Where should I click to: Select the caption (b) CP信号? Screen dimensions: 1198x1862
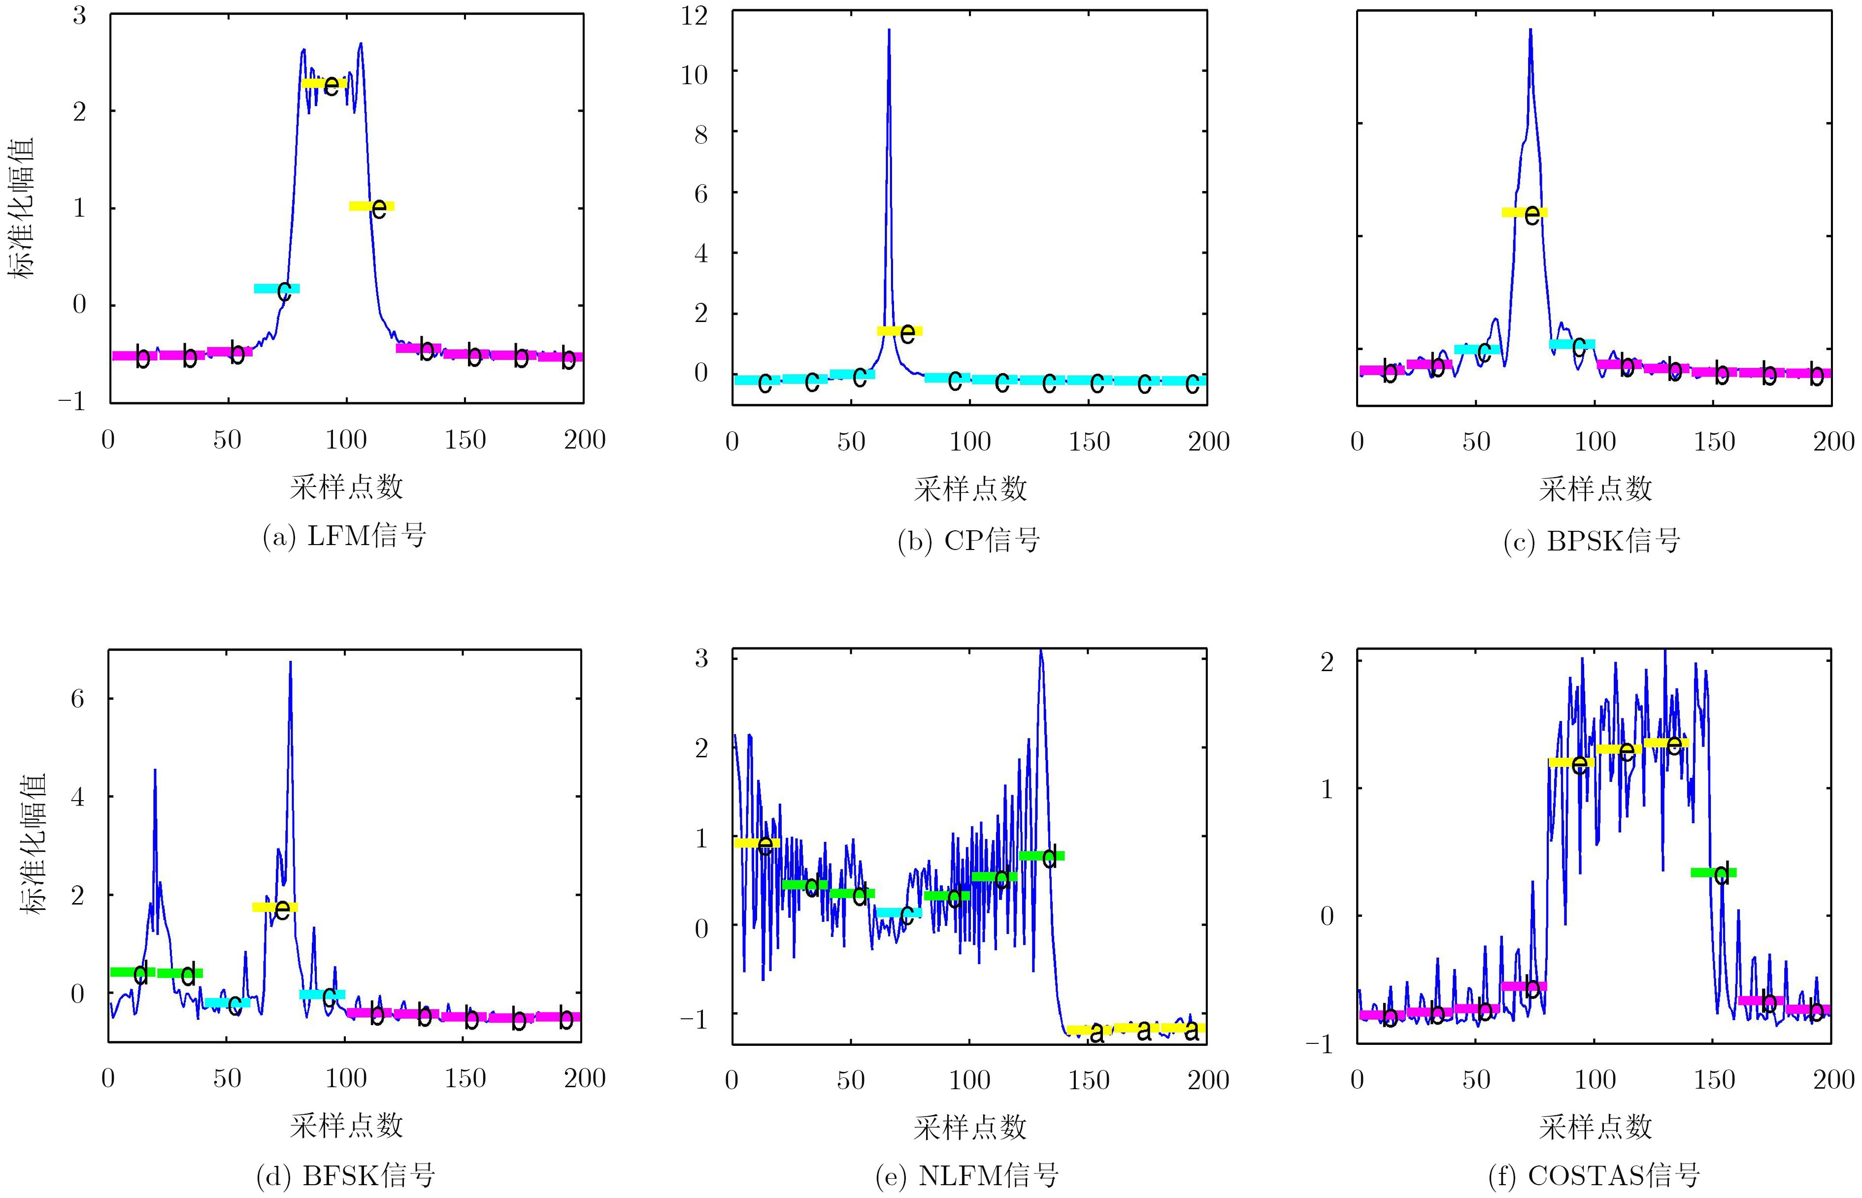click(x=969, y=540)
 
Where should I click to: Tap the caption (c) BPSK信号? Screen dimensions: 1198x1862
click(x=1592, y=540)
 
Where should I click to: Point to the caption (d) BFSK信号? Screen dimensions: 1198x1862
click(x=345, y=1175)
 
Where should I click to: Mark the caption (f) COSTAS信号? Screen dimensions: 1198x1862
click(x=1594, y=1175)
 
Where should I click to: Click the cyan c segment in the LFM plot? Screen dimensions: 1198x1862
click(x=276, y=289)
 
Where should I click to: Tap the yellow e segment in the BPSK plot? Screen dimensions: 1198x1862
click(x=1524, y=212)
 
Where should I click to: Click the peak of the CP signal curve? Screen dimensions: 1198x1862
click(x=889, y=31)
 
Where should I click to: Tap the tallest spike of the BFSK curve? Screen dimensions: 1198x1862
click(x=290, y=663)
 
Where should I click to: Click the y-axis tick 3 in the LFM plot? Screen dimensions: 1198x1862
click(x=79, y=15)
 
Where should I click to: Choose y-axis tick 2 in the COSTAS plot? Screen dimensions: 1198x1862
click(x=1327, y=662)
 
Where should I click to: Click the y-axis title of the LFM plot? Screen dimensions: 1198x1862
click(x=22, y=208)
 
